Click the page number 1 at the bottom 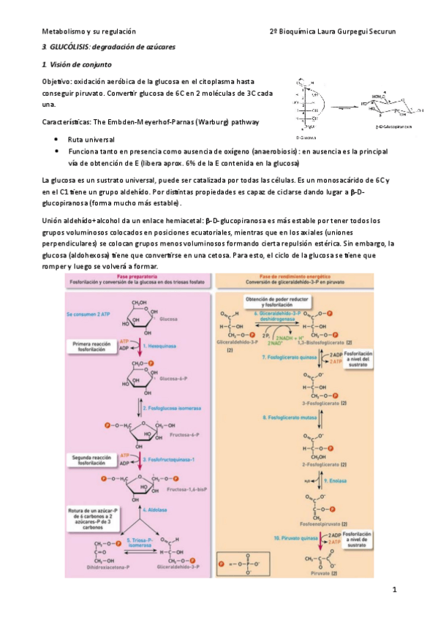[x=393, y=589]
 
